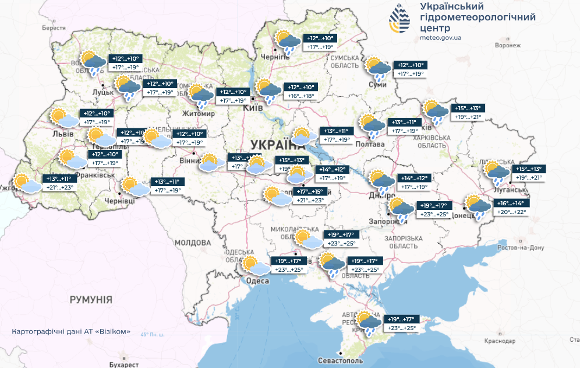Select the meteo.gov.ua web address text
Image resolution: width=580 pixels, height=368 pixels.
(440, 37)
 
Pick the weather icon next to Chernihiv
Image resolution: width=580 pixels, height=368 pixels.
(288, 42)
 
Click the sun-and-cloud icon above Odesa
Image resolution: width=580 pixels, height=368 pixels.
(256, 267)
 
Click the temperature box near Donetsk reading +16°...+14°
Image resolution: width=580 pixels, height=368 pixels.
(511, 208)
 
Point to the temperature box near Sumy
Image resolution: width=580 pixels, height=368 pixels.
(411, 69)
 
